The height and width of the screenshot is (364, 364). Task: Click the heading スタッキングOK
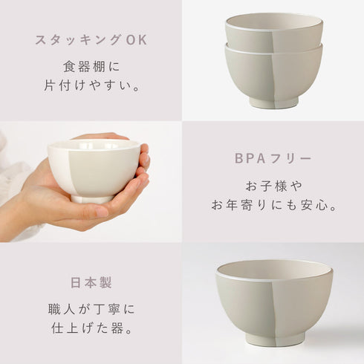(91, 39)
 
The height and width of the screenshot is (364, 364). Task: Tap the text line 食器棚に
(91, 64)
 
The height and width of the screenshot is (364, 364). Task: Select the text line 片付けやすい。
(91, 85)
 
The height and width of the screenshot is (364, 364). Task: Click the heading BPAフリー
(273, 158)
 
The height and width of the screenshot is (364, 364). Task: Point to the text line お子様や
(273, 183)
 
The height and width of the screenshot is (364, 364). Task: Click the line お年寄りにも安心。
(273, 205)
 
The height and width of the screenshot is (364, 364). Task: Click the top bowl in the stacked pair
(274, 34)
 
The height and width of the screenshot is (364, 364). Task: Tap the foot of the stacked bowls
(274, 103)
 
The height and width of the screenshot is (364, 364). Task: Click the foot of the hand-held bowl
(91, 198)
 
